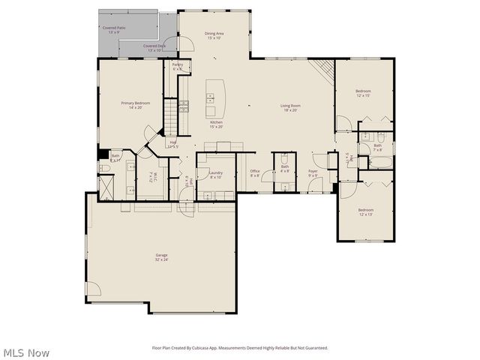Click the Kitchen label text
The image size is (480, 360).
click(x=216, y=124)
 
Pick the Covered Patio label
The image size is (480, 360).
click(x=115, y=30)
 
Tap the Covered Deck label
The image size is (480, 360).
click(x=154, y=48)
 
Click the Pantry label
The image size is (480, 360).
click(x=178, y=67)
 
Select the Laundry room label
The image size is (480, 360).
click(x=216, y=174)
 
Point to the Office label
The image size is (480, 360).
click(x=254, y=172)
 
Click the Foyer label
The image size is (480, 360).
click(x=313, y=173)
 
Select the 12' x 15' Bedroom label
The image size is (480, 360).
click(x=364, y=93)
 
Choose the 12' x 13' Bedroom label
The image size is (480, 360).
click(x=365, y=211)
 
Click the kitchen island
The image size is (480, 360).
click(x=217, y=94)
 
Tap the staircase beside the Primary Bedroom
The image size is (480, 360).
click(x=170, y=116)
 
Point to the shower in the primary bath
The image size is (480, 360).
click(x=106, y=182)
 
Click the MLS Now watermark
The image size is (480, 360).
click(x=26, y=352)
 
